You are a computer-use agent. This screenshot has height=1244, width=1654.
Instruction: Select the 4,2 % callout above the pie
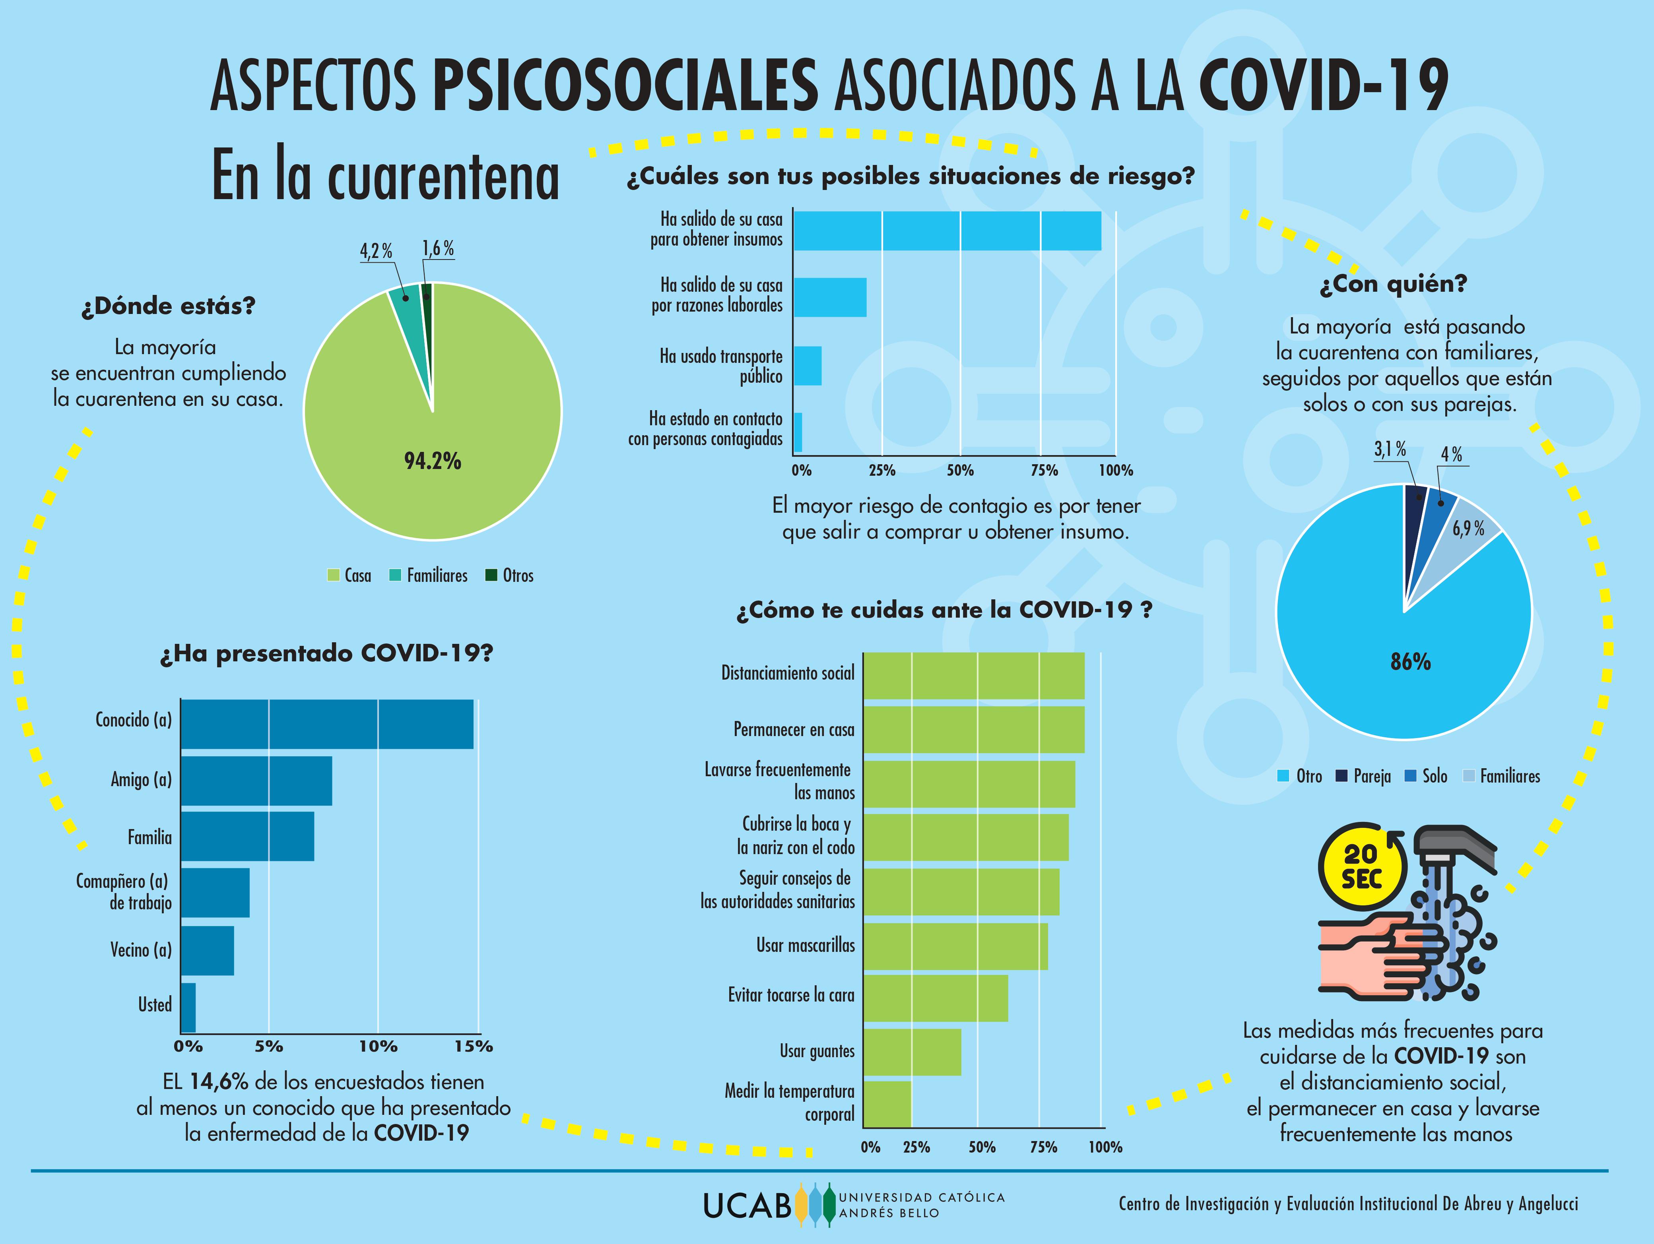(x=376, y=250)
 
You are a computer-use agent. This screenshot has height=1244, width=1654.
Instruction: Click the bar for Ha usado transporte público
(x=808, y=366)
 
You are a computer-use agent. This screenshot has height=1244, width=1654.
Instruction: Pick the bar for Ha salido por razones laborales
(x=830, y=298)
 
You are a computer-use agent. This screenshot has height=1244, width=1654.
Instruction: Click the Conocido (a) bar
(x=327, y=724)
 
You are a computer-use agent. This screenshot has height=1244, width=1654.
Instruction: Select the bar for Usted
(x=188, y=1007)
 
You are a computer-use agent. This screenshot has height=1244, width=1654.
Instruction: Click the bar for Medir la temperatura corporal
(x=887, y=1103)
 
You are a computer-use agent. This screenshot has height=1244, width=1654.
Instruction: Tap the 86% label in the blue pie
(x=1410, y=662)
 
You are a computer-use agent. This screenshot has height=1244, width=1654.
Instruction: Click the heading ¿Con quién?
(x=1393, y=284)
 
